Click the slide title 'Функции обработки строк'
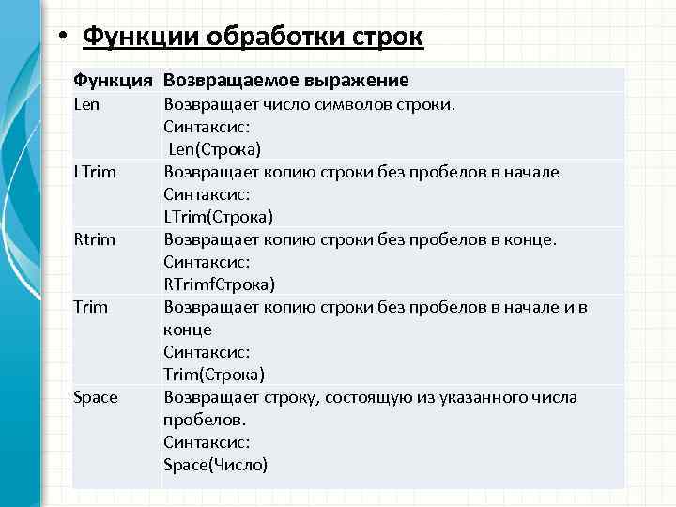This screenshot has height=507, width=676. point(253,38)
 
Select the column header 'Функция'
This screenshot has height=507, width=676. point(114,81)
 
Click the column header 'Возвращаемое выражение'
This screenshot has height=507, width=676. point(286,81)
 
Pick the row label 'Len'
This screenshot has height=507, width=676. point(86,103)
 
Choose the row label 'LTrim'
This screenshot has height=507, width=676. point(95,171)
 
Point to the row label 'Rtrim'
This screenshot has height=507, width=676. point(95,238)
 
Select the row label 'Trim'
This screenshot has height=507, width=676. point(90,306)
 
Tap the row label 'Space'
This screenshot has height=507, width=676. point(96,397)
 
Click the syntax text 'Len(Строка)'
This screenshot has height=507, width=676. point(215,149)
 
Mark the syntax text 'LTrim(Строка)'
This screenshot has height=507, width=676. point(218,217)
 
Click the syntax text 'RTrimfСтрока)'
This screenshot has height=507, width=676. point(219,284)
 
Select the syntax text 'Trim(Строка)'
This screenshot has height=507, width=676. point(213,375)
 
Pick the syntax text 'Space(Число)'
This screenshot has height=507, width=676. point(215,465)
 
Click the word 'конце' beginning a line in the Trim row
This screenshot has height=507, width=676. point(188,330)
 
